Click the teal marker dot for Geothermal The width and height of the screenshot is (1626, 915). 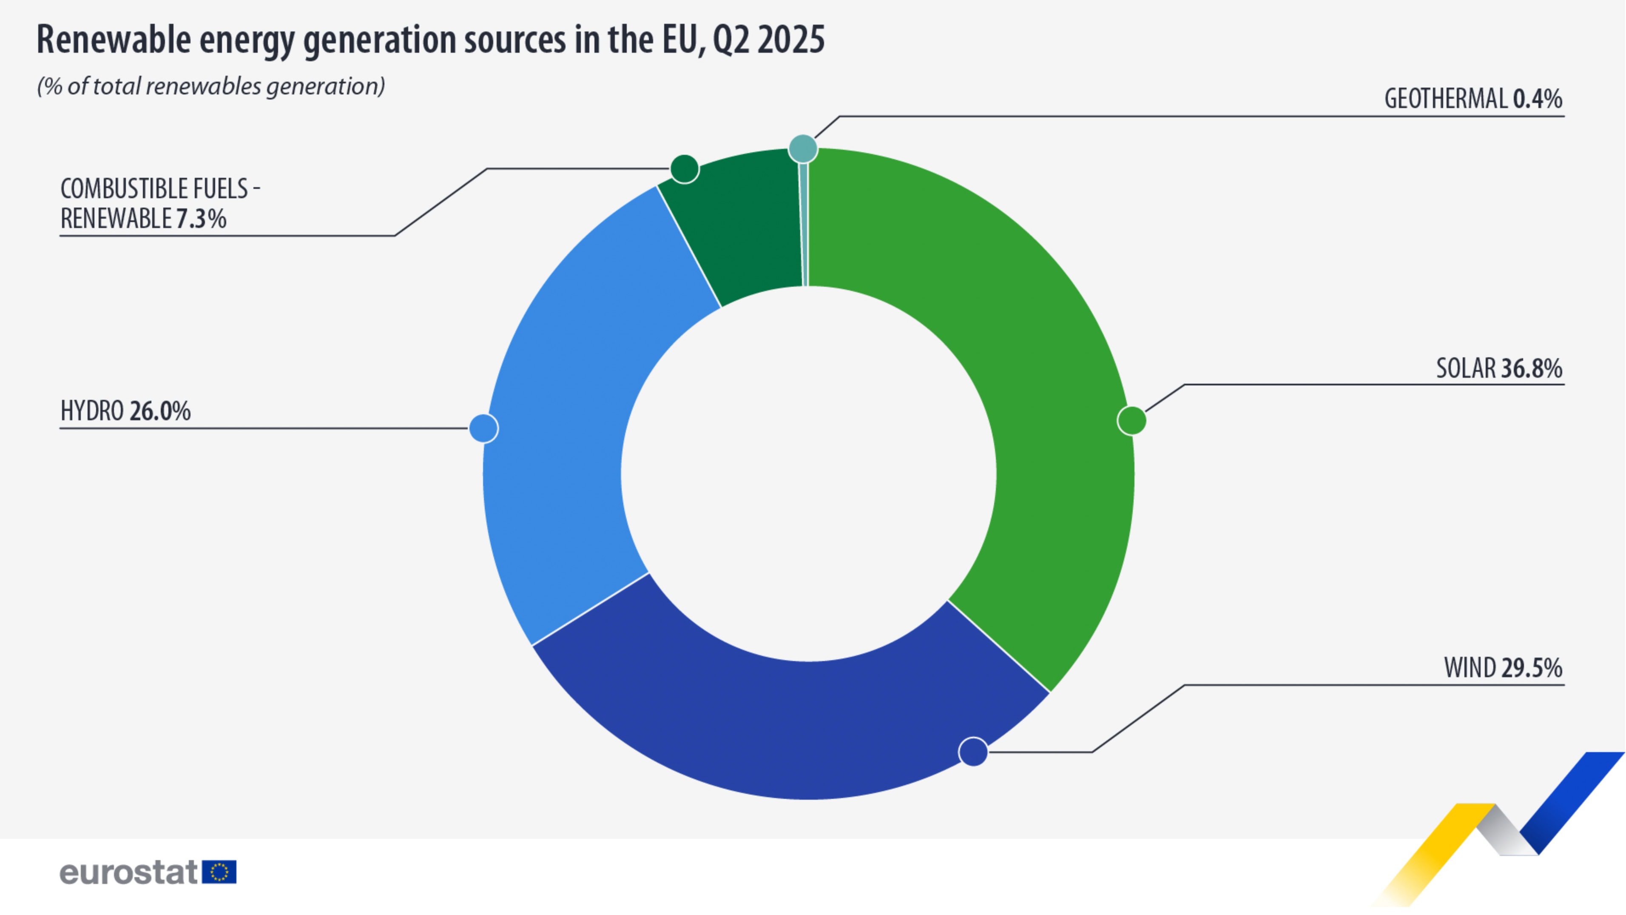803,149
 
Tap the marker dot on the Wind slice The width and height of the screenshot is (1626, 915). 973,752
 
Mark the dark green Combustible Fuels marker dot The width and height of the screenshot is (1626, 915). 684,168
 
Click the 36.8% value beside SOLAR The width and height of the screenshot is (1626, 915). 1531,368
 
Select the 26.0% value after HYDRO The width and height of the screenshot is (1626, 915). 160,411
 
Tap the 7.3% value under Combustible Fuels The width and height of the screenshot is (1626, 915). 201,219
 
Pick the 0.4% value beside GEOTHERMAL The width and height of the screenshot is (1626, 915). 1538,99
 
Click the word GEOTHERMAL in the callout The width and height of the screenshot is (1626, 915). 1445,99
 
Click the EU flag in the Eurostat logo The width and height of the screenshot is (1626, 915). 219,872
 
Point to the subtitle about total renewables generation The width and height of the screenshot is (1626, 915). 211,86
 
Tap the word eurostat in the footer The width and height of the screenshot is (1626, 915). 129,872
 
